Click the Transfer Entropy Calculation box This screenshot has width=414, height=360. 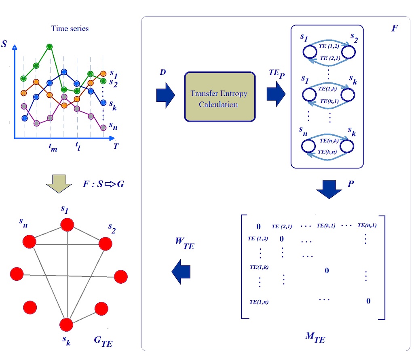pyautogui.click(x=220, y=97)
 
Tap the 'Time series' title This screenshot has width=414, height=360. pyautogui.click(x=70, y=29)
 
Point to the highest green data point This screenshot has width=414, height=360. pyautogui.click(x=49, y=47)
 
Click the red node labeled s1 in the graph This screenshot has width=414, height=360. pyautogui.click(x=67, y=225)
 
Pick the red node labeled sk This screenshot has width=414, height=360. pyautogui.click(x=66, y=324)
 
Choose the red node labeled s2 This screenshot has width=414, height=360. pyautogui.click(x=105, y=244)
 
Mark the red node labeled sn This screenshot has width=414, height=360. pyautogui.click(x=29, y=242)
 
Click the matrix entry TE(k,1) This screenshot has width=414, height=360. pyautogui.click(x=326, y=225)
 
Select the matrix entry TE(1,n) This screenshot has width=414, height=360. pyautogui.click(x=259, y=301)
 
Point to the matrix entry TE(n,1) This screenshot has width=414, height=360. pyautogui.click(x=367, y=225)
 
